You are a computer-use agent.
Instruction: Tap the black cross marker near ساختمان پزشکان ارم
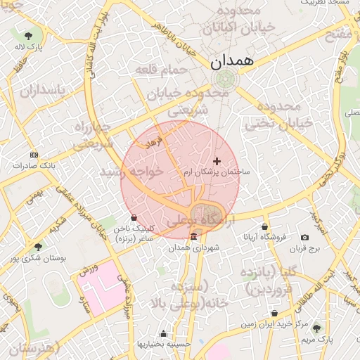pos(217,161)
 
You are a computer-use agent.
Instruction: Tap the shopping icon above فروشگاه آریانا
pos(264,226)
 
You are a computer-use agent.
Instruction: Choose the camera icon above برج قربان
pos(304,238)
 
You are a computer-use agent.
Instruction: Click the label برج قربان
pos(306,248)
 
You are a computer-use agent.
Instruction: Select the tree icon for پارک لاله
pos(28,35)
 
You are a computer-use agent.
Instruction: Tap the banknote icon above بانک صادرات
pos(34,155)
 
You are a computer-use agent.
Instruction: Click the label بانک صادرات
pos(34,166)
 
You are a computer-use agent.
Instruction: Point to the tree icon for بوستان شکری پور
pos(37,247)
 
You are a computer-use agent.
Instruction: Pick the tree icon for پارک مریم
pos(316,328)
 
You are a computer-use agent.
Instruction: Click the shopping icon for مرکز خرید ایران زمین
pos(274,314)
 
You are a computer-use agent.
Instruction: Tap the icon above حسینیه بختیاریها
pos(164,333)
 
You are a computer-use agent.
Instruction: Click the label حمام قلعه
pos(163,70)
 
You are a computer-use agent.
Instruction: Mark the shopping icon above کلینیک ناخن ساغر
pos(134,217)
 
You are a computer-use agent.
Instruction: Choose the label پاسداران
pos(41,91)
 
